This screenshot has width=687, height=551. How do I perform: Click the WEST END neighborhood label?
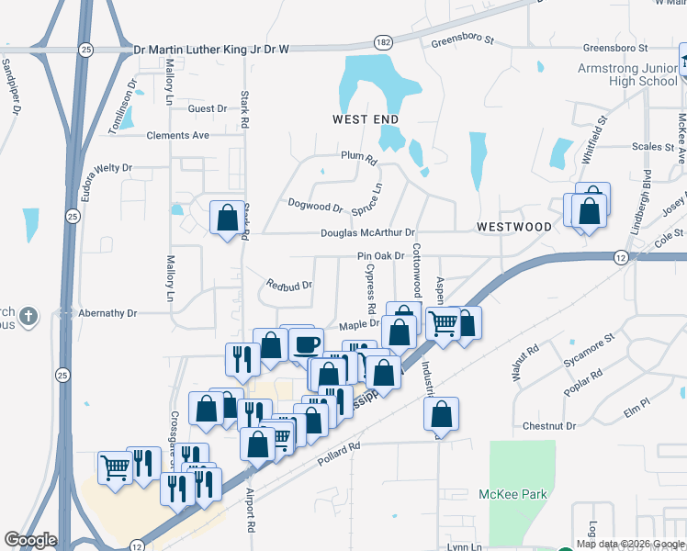click(366, 119)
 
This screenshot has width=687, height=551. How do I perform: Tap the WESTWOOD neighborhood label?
click(514, 226)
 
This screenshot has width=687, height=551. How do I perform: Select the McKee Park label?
click(513, 494)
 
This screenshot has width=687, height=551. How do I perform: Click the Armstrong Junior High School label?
click(627, 75)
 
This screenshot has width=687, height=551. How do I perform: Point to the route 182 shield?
click(384, 42)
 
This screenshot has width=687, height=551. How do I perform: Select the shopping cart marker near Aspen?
click(444, 323)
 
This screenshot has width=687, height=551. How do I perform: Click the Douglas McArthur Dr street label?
click(367, 233)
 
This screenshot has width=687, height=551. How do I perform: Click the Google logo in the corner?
click(30, 540)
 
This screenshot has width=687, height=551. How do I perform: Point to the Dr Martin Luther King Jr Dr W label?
click(211, 50)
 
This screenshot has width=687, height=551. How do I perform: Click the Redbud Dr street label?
click(289, 285)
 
